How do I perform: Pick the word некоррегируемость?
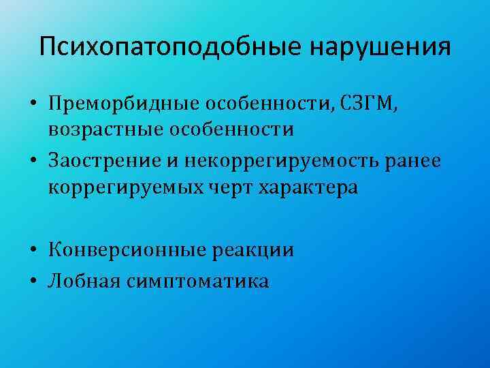[x=272, y=161]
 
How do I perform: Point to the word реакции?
[x=252, y=250]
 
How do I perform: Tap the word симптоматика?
[x=197, y=280]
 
